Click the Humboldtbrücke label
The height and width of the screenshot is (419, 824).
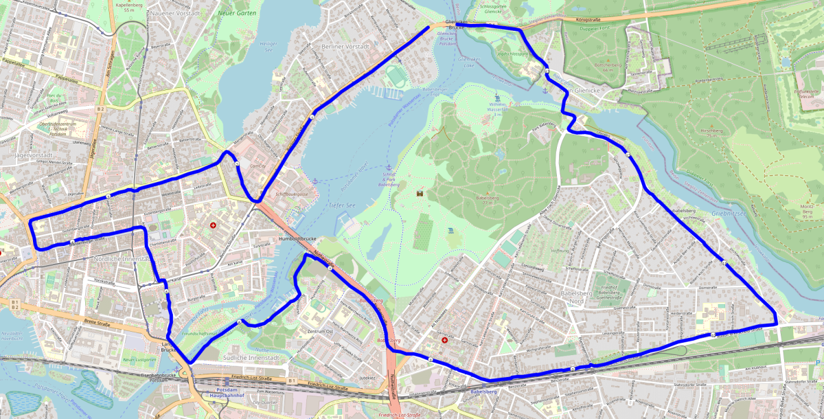(297, 238)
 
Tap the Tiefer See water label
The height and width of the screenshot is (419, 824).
(341, 205)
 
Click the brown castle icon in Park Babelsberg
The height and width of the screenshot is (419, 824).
(420, 193)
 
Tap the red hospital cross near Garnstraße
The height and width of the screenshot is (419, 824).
(444, 339)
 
